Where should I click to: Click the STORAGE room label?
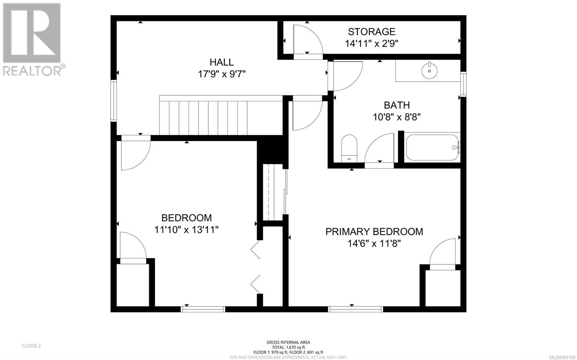click(371, 32)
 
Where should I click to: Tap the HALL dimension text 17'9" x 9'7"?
click(222, 74)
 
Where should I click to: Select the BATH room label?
click(397, 105)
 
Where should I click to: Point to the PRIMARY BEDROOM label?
click(374, 232)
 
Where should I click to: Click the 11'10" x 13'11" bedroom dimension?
click(186, 230)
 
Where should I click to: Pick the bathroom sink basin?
click(430, 70)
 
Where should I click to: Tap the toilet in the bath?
click(349, 148)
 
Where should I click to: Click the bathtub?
click(432, 147)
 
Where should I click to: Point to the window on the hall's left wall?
click(114, 100)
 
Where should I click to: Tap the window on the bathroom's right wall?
click(463, 84)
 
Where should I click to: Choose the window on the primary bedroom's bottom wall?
click(356, 309)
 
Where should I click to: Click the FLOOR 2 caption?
click(31, 346)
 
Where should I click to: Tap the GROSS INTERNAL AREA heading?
click(288, 342)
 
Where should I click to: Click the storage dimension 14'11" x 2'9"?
click(371, 44)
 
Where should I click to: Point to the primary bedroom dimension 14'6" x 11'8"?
click(374, 244)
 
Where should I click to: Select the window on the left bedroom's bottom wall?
click(203, 309)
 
